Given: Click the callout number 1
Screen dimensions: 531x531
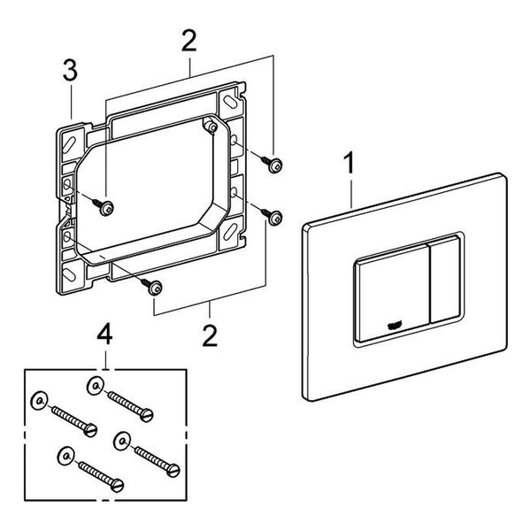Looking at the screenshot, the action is coord(350,163).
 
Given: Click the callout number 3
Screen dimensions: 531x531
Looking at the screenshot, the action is coord(70,71).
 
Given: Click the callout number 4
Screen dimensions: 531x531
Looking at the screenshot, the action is coord(104,334).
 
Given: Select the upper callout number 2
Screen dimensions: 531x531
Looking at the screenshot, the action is coord(189,41).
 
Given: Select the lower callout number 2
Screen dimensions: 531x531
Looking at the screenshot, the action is coord(210,336).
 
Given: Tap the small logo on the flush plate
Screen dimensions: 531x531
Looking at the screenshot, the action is coord(394,326).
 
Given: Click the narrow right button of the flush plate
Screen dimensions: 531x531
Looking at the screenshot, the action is coord(444,281).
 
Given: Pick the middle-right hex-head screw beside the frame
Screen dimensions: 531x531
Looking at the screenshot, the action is coord(272,215).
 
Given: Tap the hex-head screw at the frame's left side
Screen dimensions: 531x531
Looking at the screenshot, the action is coord(104,205).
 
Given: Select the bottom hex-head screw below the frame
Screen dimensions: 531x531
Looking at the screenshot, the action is coord(152,287).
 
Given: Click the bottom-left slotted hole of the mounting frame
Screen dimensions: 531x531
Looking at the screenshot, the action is coord(69,273).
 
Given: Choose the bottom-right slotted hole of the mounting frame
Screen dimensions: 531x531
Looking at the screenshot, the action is coord(229,232).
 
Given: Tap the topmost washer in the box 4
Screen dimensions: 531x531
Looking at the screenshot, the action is coord(95,386).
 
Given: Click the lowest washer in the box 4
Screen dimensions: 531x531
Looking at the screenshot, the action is coord(65,456).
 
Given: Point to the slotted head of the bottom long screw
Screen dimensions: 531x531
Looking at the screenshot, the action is coord(118,485).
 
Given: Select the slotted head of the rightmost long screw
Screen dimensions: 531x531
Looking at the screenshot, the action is coord(173,470).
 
